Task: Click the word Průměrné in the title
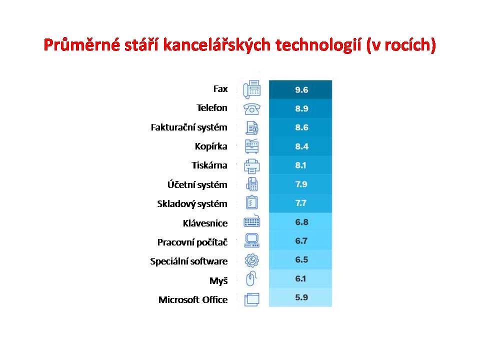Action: [x=81, y=45]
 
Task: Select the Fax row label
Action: [x=220, y=89]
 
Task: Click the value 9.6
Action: [x=301, y=90]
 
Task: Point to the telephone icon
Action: [x=251, y=109]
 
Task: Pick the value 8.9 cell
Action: [x=300, y=108]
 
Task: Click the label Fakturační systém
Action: [x=189, y=127]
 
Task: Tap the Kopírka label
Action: [x=211, y=146]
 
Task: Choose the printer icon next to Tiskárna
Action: [x=251, y=166]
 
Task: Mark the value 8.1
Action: [x=300, y=165]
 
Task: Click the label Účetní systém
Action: [x=197, y=184]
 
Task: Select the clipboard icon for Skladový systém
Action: [x=251, y=202]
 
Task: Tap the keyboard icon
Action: [x=251, y=221]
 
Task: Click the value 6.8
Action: [x=301, y=222]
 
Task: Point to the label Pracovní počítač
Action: [x=192, y=242]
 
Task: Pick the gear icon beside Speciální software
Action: [x=251, y=260]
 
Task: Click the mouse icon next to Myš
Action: [x=251, y=279]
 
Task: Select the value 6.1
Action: [x=300, y=279]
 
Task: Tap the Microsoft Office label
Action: [x=193, y=299]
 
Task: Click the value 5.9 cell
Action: [x=300, y=297]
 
